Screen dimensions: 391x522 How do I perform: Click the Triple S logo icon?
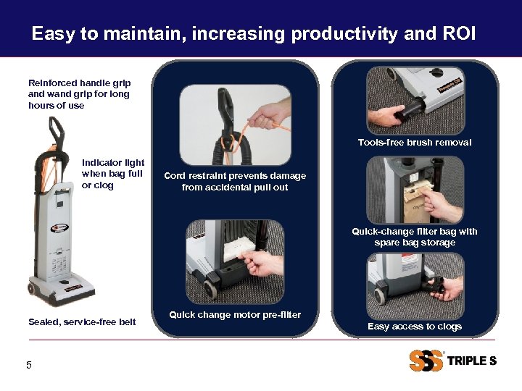[x=426, y=361]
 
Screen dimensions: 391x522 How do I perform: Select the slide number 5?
[x=29, y=365]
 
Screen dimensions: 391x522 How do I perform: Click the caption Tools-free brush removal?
[x=414, y=143]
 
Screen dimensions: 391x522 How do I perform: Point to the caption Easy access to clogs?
[x=414, y=327]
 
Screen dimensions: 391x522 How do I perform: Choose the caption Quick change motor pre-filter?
[x=235, y=315]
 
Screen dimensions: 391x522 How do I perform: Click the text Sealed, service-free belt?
[x=82, y=321]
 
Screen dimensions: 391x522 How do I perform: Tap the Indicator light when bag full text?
[x=113, y=174]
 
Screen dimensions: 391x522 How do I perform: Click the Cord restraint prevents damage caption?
[x=235, y=181]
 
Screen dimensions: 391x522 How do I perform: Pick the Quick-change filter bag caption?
[x=414, y=237]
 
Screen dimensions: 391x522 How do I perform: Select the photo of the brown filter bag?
[x=414, y=190]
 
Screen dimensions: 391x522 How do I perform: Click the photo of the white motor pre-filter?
[x=235, y=259]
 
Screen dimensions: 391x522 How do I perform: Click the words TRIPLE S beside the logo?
[x=471, y=361]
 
